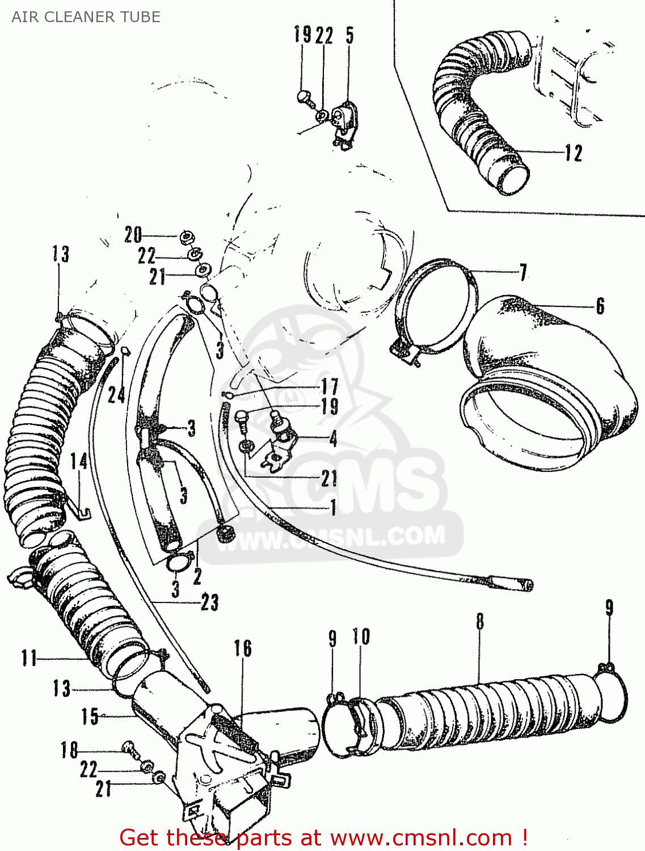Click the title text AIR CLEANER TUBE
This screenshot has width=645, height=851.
(86, 17)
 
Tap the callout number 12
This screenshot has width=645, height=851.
(574, 153)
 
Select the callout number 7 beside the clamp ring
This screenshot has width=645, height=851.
(523, 272)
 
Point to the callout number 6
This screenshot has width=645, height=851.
(600, 306)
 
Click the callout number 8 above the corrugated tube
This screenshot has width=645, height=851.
(480, 621)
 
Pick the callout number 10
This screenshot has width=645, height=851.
(361, 637)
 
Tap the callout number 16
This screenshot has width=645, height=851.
(243, 648)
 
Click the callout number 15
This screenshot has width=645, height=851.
(90, 717)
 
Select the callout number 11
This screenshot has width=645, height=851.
(29, 659)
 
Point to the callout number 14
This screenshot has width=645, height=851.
(79, 461)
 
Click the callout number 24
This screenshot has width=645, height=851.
(116, 395)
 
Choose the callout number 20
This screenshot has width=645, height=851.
(133, 235)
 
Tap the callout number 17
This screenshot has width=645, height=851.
(330, 387)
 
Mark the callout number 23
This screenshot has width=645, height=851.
(209, 603)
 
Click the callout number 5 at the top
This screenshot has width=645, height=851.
(349, 35)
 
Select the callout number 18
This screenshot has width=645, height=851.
(69, 751)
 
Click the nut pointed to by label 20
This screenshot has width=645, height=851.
(186, 236)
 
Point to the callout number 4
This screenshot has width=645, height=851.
(333, 438)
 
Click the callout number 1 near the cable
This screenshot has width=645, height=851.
(333, 507)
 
